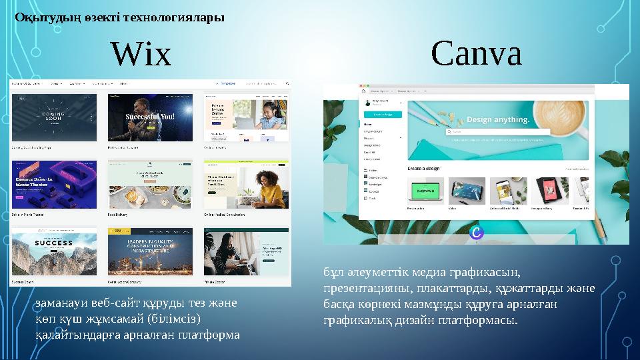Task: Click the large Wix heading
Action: (141, 55)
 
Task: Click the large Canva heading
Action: (476, 53)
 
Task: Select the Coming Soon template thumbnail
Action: (54, 117)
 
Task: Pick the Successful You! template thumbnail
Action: (150, 117)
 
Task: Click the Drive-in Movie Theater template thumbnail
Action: (54, 184)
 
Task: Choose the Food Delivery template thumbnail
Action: (150, 184)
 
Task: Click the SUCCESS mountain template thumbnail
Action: (54, 249)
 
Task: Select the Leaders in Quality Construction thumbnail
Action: (150, 249)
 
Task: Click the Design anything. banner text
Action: (498, 120)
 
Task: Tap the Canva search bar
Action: (497, 132)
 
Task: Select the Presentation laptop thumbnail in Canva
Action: (424, 191)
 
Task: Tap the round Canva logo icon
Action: (476, 232)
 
